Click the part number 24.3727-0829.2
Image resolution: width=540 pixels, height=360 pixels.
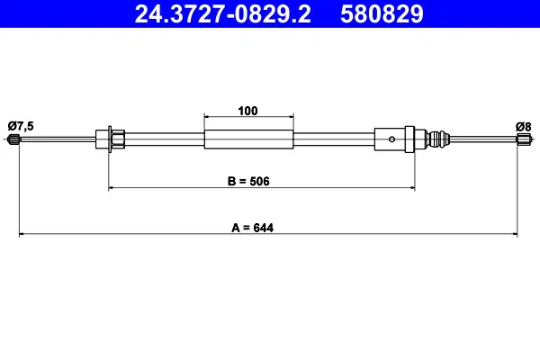223,14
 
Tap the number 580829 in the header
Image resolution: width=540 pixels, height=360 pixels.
382,14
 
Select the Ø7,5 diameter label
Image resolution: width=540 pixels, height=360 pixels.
21,126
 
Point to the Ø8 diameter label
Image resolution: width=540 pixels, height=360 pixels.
523,127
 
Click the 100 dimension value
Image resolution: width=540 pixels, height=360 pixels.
247,111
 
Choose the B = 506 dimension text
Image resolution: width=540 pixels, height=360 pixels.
248,181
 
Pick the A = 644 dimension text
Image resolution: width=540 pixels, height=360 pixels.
252,228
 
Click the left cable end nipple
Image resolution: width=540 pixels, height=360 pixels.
13,139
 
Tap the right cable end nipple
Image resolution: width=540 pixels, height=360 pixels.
524,139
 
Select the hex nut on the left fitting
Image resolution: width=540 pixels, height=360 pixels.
118,139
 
